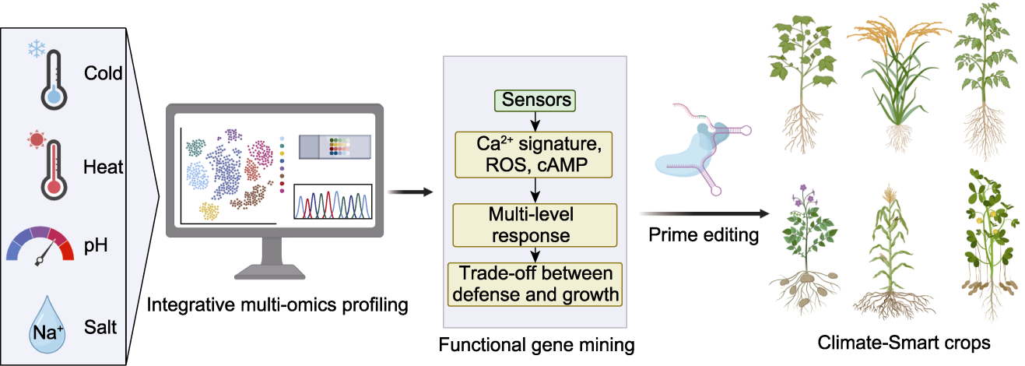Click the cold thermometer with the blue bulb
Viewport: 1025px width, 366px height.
tap(54, 80)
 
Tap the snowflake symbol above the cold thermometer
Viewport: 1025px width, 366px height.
tap(37, 48)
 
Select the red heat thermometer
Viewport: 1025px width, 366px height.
tap(54, 170)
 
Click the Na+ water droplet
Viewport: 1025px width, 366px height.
tap(47, 325)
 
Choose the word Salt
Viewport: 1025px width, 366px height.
tap(100, 327)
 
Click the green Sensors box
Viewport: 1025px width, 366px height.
tap(535, 100)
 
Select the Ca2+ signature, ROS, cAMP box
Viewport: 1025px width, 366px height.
tap(534, 155)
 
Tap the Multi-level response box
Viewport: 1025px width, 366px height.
tap(535, 225)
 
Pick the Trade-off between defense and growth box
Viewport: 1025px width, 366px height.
tap(535, 284)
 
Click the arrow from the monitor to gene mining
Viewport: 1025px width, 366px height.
tap(410, 192)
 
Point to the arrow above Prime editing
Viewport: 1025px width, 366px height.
tap(704, 213)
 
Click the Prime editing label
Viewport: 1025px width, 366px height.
tap(704, 235)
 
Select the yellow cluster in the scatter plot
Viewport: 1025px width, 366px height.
tap(209, 211)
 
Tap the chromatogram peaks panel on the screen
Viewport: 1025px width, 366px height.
tap(332, 202)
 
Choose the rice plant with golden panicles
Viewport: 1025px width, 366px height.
tap(898, 85)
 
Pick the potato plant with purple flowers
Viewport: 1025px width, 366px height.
tap(804, 250)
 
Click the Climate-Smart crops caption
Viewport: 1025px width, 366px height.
tap(904, 343)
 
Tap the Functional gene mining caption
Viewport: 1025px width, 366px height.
tap(536, 345)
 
